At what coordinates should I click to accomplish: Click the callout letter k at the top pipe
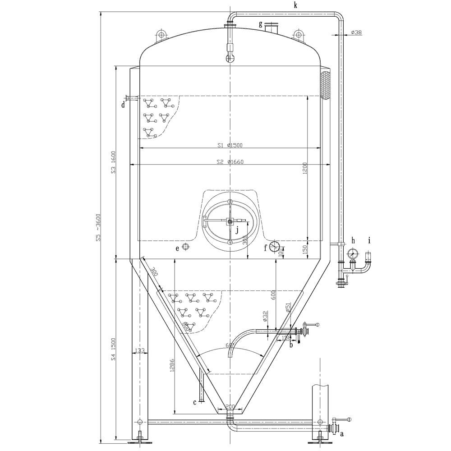(x=295, y=5)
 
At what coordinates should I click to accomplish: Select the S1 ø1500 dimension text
(x=230, y=145)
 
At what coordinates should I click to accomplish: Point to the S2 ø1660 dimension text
(x=230, y=162)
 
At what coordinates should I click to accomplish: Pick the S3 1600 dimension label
(x=114, y=162)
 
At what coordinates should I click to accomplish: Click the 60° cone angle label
(x=230, y=346)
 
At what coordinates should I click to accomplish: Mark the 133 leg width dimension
(x=140, y=350)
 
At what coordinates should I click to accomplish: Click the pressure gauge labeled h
(x=353, y=254)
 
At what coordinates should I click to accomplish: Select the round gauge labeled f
(x=274, y=247)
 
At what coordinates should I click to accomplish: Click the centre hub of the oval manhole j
(x=230, y=221)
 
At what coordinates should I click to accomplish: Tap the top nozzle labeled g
(x=272, y=28)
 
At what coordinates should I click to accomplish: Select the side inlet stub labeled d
(x=129, y=98)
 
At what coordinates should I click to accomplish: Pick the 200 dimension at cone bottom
(x=230, y=407)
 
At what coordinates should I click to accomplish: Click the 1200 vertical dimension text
(x=305, y=168)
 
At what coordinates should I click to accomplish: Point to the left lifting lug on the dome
(x=161, y=35)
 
